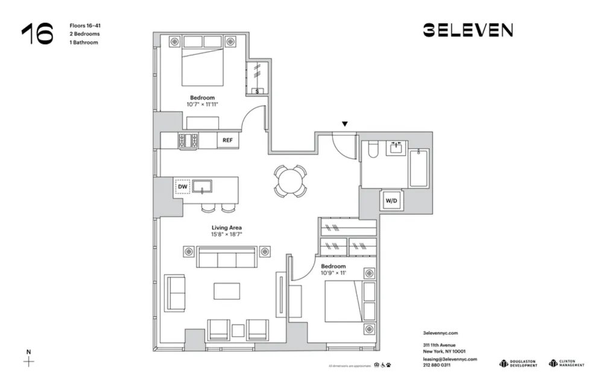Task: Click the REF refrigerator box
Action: tap(227, 140)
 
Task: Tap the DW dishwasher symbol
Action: tap(182, 187)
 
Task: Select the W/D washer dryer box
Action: tap(391, 201)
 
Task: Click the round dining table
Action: tap(290, 180)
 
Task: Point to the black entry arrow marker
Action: tap(344, 124)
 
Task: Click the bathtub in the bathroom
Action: tap(419, 168)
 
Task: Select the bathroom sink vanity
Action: tap(397, 148)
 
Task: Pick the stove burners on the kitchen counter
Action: tap(188, 140)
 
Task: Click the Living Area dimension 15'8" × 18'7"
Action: tap(227, 234)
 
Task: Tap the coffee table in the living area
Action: tap(227, 291)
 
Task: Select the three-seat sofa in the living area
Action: tap(227, 257)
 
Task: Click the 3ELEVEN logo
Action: tap(467, 30)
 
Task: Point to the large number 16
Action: tap(37, 34)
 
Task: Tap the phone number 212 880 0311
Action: tap(437, 365)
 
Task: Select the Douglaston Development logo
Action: tap(518, 363)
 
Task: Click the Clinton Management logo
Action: tap(566, 363)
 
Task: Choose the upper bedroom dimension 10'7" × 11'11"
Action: tap(202, 104)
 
